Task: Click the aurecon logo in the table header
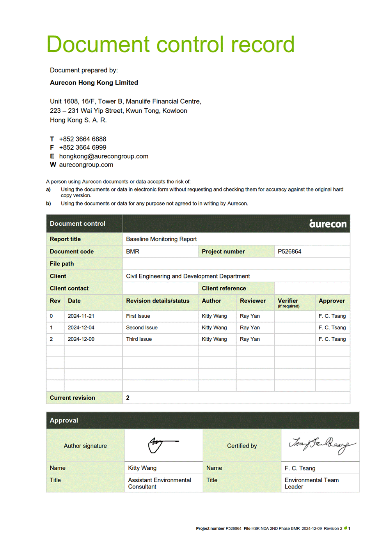pos(328,223)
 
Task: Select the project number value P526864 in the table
pos(289,251)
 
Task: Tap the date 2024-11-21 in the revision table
pos(81,316)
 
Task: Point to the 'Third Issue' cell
pos(139,339)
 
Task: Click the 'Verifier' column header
pos(288,301)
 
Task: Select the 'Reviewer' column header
pos(253,301)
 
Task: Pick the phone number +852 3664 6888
pos(83,139)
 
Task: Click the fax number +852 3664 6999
pos(83,147)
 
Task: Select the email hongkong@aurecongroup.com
pos(104,156)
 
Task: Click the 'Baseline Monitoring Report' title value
pos(161,239)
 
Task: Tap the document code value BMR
pos(133,251)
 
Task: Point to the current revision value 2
pos(128,398)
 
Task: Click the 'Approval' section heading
pos(64,420)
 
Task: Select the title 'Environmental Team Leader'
pos(311,483)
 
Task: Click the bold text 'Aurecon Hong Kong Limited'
pos(94,83)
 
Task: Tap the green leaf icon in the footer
pos(345,528)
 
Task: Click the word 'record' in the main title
pos(263,44)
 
